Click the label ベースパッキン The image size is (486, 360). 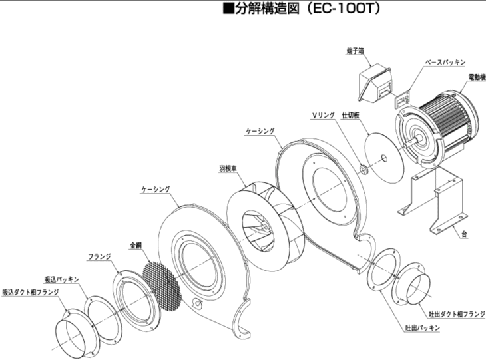(449, 62)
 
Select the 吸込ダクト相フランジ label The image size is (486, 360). (31, 291)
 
